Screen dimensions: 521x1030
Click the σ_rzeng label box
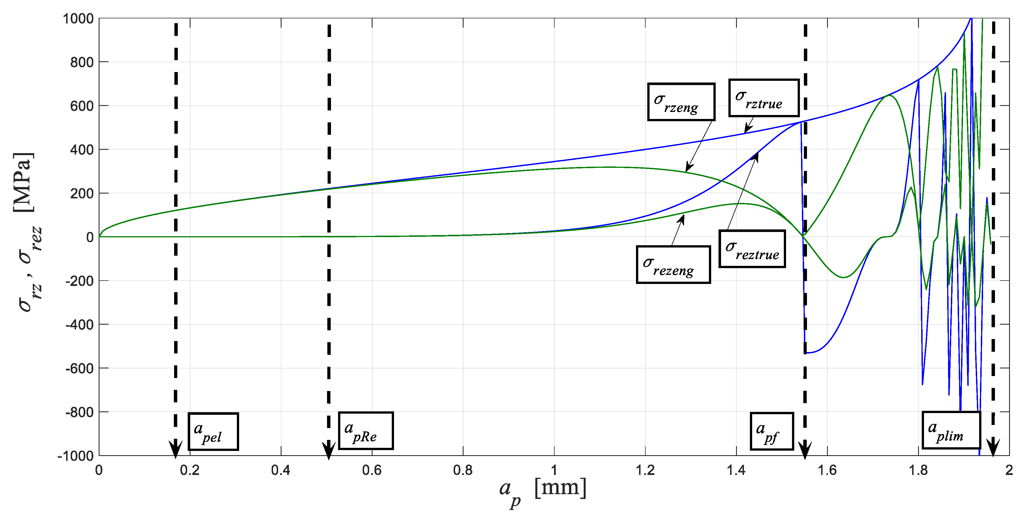pos(681,102)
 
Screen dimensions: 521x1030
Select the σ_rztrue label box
pos(764,98)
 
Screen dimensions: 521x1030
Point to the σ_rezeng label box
pos(673,264)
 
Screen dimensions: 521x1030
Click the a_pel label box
pos(213,431)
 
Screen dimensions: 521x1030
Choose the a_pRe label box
pos(366,431)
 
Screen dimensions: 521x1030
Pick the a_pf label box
pos(772,431)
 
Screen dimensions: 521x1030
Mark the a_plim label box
pos(951,430)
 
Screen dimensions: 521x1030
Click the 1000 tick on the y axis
pos(78,19)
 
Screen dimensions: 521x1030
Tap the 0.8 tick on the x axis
pos(463,470)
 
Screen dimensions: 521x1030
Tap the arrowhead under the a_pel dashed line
pos(175,450)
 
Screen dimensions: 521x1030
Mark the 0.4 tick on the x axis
pos(281,470)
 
